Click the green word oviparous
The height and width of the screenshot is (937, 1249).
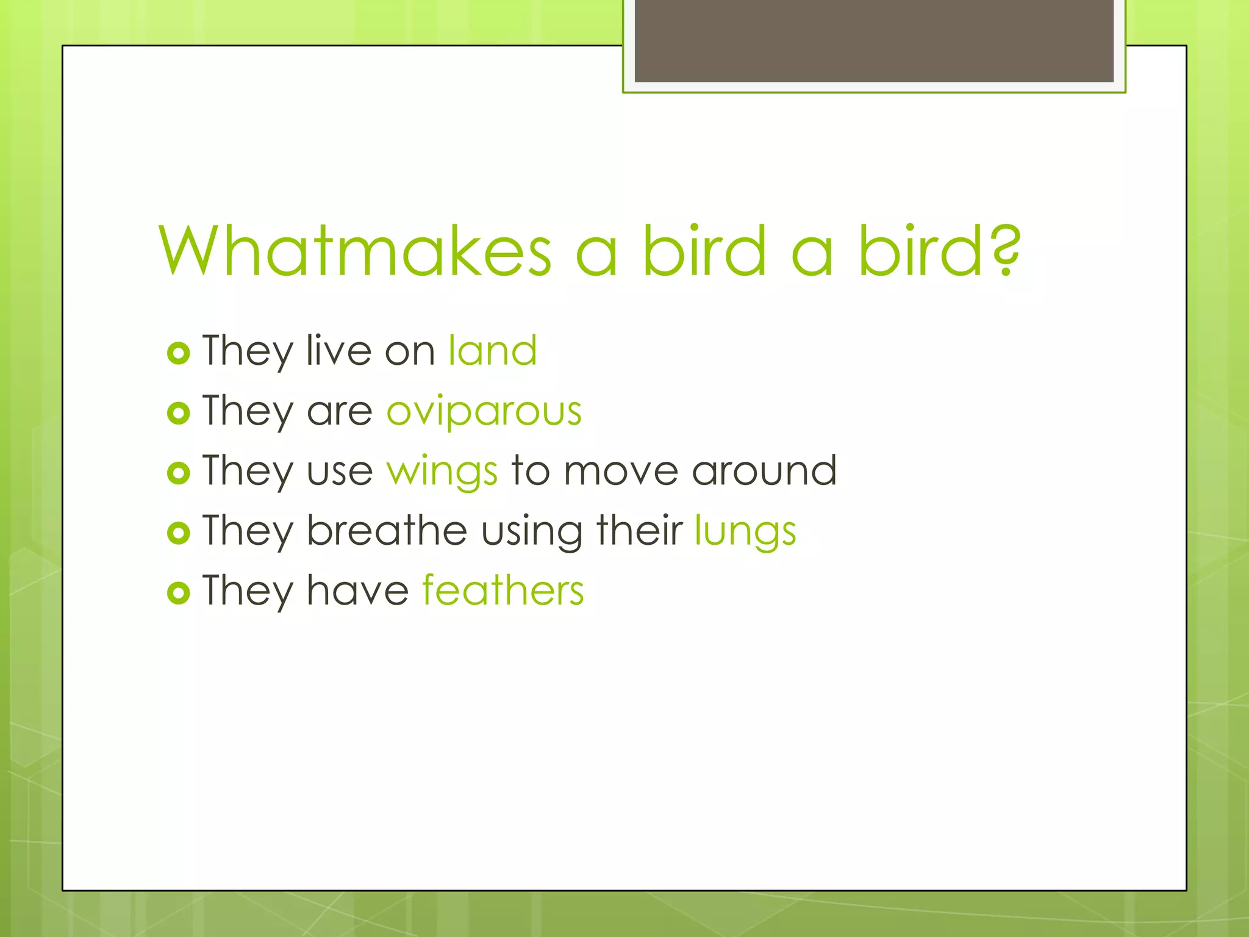point(484,411)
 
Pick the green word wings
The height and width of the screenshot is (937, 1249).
point(442,472)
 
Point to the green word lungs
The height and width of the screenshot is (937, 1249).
point(745,531)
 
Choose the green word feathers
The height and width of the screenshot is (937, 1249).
point(503,591)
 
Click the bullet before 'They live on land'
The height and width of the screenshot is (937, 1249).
point(178,353)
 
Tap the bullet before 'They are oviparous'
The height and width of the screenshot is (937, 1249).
point(178,413)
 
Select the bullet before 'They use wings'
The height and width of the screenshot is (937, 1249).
point(178,473)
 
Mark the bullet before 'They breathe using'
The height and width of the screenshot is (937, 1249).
point(178,533)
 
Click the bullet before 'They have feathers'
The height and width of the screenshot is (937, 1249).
point(178,592)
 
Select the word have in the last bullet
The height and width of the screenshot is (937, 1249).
point(357,590)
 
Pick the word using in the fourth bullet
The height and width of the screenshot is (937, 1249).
point(531,531)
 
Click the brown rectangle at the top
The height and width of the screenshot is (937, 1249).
point(874,40)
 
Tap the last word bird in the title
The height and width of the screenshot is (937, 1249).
point(920,250)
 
